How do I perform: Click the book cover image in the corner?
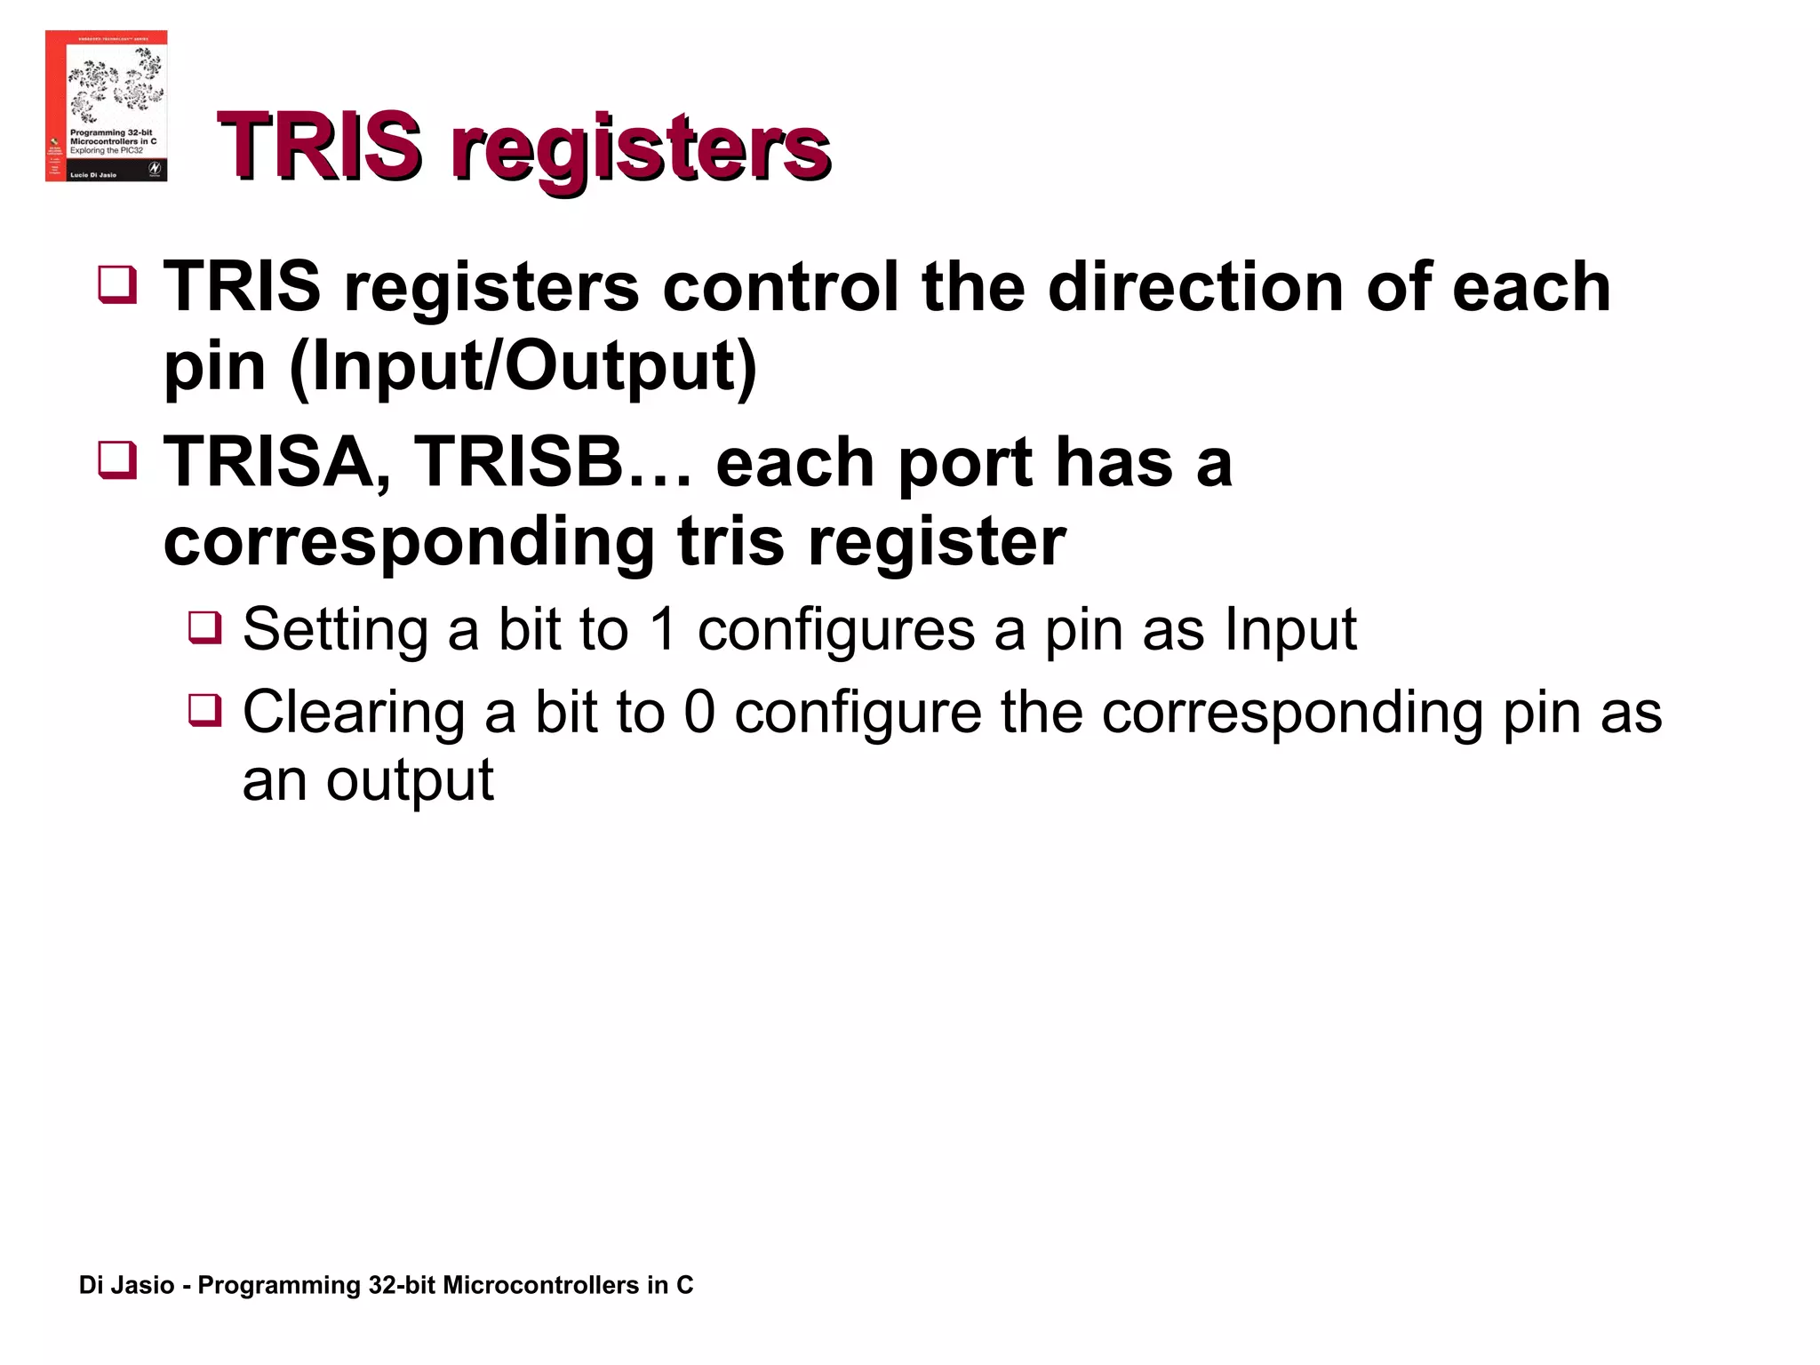coord(106,106)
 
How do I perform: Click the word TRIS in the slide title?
coord(318,146)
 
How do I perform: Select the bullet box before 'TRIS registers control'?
coord(117,284)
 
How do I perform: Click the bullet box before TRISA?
coord(117,459)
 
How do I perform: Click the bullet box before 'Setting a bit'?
coord(204,627)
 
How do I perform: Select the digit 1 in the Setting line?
coord(663,629)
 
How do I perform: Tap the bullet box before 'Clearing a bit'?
coord(204,709)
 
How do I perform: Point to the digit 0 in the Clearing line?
coord(699,713)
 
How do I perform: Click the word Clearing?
coord(353,714)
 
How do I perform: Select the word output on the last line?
coord(410,782)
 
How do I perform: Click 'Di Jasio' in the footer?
coord(126,1285)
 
